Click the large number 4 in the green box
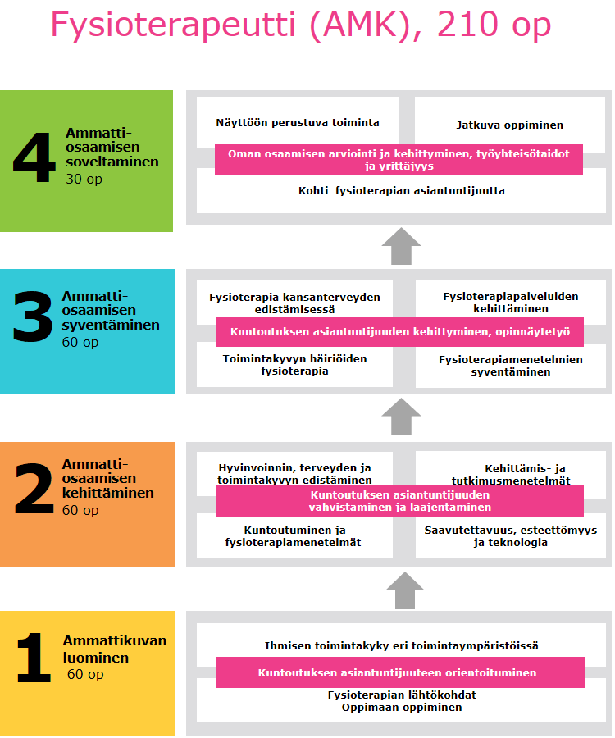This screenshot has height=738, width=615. (x=34, y=157)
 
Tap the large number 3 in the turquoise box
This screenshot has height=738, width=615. (x=33, y=316)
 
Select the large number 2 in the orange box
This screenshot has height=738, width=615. (x=34, y=488)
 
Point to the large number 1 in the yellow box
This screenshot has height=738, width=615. (x=34, y=658)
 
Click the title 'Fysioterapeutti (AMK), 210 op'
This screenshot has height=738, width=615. (x=301, y=25)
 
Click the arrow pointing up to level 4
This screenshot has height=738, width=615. (x=401, y=246)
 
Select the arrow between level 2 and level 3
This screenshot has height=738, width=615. (x=401, y=417)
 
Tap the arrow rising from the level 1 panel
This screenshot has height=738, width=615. (x=404, y=590)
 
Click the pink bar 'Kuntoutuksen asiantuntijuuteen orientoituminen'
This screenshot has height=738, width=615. (x=401, y=672)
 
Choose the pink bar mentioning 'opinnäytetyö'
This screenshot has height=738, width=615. (x=399, y=332)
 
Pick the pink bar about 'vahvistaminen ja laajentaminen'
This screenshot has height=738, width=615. (x=399, y=501)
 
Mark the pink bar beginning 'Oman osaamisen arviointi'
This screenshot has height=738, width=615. (x=399, y=160)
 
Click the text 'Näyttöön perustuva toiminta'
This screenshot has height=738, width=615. (x=298, y=123)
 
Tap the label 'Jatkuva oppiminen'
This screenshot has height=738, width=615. (x=509, y=125)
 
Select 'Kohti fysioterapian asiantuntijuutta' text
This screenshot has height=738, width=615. (x=401, y=190)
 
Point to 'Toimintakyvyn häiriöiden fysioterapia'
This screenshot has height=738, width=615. (x=294, y=365)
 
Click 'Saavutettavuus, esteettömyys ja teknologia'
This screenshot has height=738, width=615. (x=511, y=536)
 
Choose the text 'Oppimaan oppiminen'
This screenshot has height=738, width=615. (x=402, y=708)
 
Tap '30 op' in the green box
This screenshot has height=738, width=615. (x=84, y=180)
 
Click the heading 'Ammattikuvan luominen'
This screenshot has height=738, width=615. (x=114, y=649)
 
